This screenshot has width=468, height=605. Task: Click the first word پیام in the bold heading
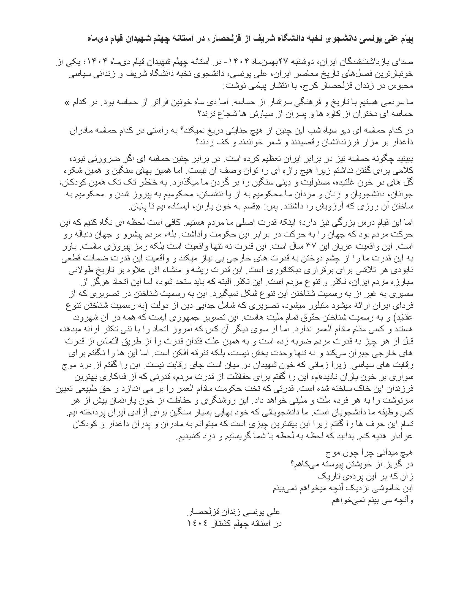pyautogui.click(x=405, y=39)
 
